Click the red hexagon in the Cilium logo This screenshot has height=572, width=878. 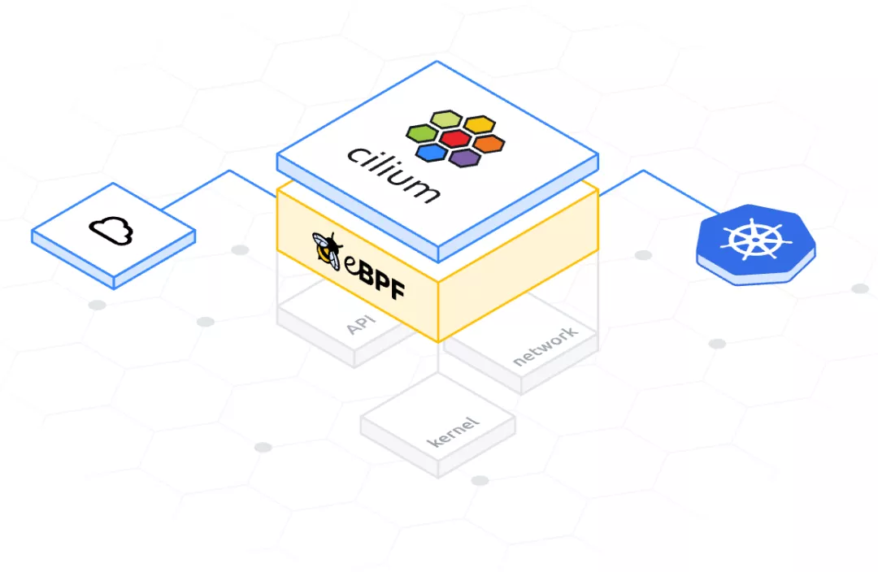(x=454, y=138)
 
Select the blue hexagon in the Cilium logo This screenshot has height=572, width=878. (x=431, y=152)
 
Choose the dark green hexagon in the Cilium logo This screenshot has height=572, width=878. (x=421, y=133)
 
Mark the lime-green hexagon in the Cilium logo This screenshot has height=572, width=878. (x=445, y=120)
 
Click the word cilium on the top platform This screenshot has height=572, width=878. (x=393, y=173)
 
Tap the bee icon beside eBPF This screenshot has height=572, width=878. (x=327, y=249)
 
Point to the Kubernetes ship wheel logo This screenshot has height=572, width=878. (x=755, y=239)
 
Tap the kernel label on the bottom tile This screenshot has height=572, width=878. (x=454, y=431)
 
